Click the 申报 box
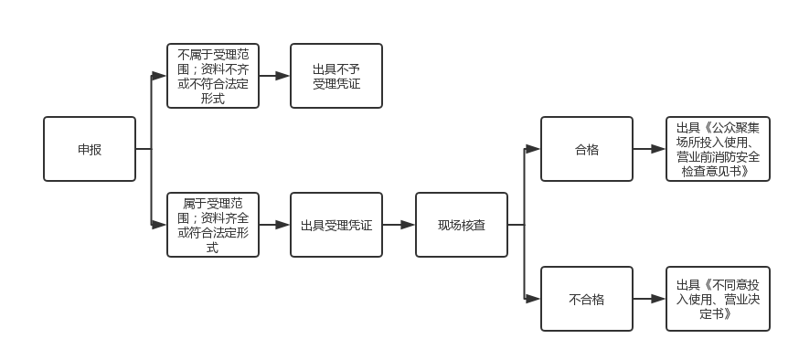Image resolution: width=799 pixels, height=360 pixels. coord(90,149)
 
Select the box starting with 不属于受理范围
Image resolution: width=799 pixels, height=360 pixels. coord(213,76)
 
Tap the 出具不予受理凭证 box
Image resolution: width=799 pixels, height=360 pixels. coord(336,76)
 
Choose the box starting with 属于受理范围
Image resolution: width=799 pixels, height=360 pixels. coord(213,225)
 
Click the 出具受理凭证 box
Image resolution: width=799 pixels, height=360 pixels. coord(336,225)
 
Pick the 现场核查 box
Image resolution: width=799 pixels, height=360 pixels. coord(462,225)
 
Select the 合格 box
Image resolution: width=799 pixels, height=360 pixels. coord(587,149)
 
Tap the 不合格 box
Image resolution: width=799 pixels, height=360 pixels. coord(587,299)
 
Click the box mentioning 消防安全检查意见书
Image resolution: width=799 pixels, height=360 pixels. coord(718,149)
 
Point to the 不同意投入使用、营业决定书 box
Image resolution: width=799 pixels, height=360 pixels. coord(718,299)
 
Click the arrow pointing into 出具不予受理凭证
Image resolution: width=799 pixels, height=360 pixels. coord(274,76)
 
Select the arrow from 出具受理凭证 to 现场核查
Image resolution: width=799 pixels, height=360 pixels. coord(399,225)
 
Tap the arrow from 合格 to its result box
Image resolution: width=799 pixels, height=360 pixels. coord(649,149)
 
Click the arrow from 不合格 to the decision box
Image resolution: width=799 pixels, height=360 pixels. coord(649,299)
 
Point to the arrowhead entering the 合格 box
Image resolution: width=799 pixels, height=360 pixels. coord(533,149)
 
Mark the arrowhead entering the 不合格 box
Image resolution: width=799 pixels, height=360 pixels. coord(533,299)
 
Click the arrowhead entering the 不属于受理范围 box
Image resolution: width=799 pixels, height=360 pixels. coord(159,76)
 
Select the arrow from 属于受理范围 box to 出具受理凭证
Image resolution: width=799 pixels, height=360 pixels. coord(274,225)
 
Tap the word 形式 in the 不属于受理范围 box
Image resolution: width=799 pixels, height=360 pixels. coord(213,99)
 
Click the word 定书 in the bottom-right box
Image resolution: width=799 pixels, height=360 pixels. coord(712,313)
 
